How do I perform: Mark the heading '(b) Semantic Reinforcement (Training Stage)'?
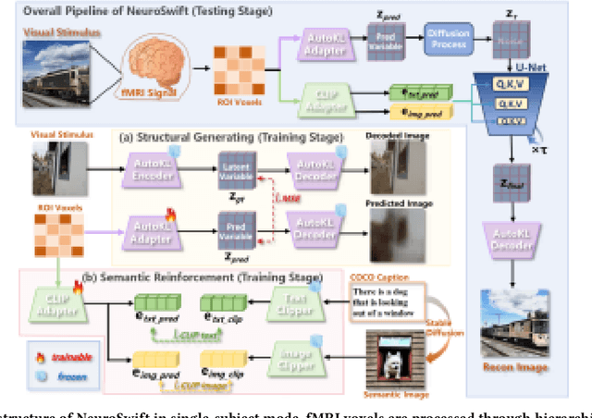(x=215, y=277)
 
